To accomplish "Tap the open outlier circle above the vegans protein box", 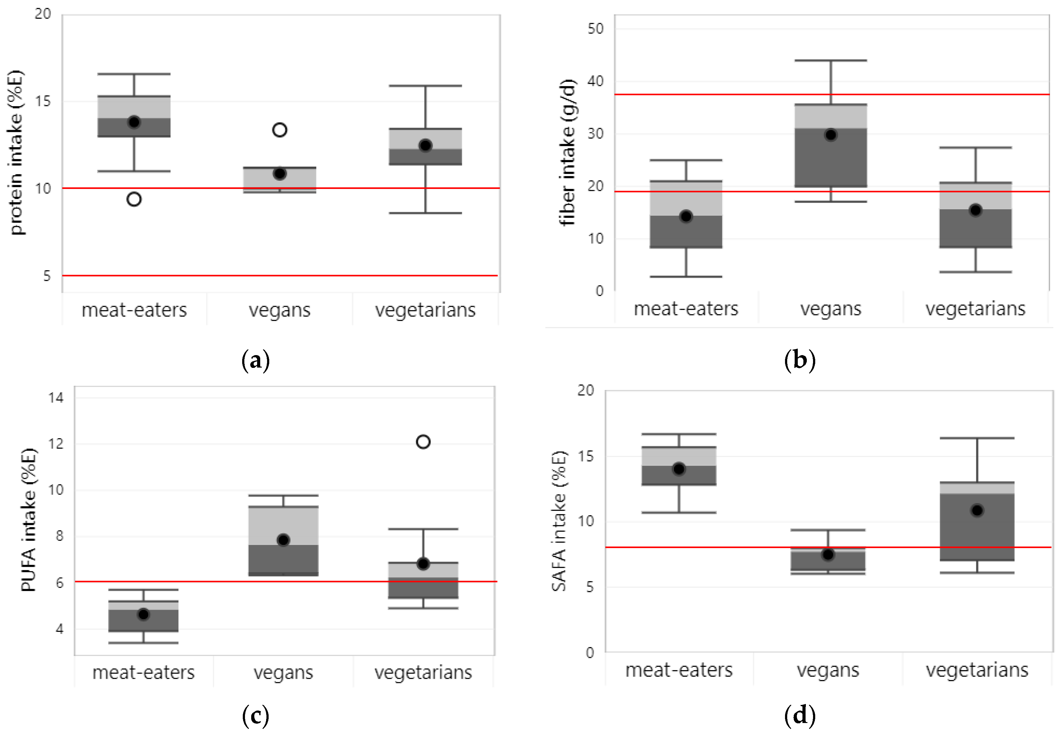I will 280,130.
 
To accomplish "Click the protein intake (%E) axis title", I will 15,153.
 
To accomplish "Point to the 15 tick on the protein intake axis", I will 43,101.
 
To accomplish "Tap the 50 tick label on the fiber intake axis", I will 595,29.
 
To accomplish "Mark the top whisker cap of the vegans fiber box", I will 831,61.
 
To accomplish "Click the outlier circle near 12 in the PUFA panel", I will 423,442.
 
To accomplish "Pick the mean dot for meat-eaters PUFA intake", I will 143,614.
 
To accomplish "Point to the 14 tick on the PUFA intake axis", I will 56,397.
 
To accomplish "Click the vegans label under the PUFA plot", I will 283,673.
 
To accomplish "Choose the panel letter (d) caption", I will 799,715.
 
